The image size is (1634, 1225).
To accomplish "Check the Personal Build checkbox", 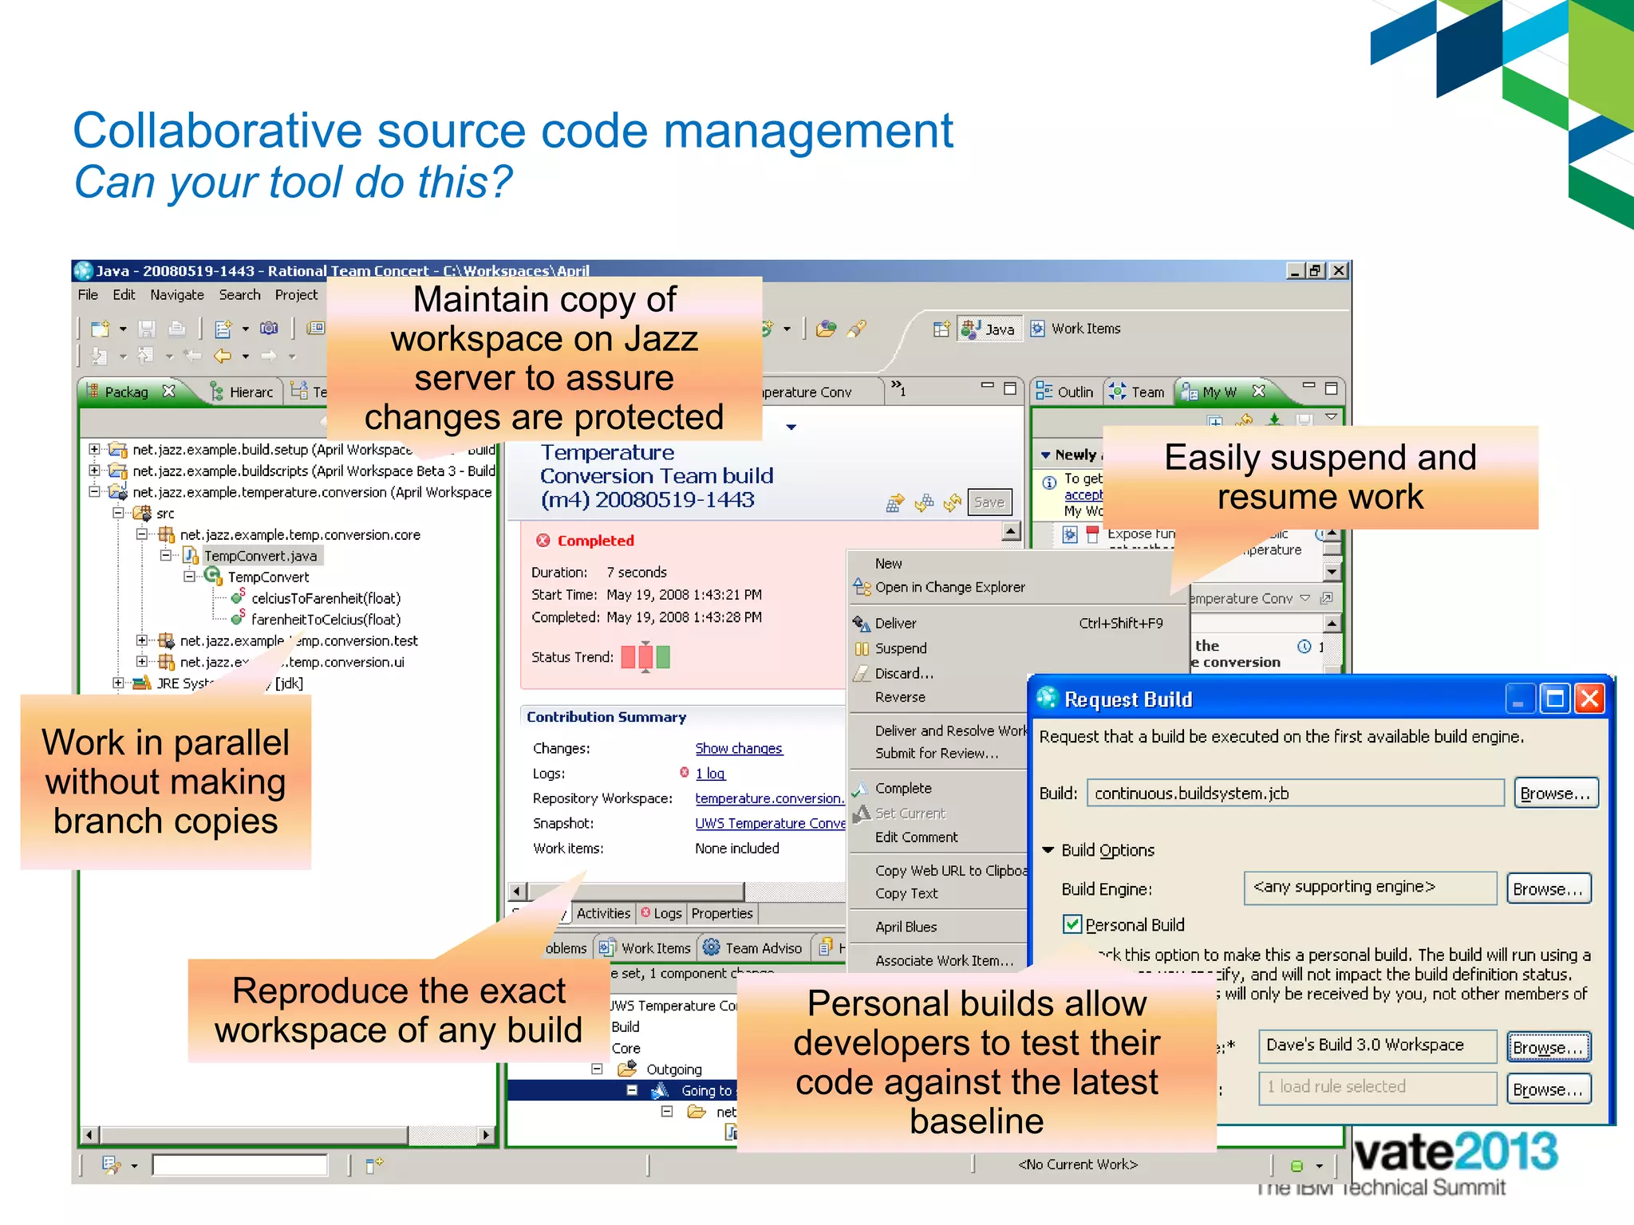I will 1072,924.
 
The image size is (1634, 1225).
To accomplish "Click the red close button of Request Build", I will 1589,699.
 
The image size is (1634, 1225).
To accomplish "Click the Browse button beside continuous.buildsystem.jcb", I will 1555,794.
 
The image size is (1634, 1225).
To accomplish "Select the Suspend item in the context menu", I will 900,648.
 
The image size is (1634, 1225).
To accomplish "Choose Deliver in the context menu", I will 895,623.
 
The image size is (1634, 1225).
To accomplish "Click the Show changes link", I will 738,748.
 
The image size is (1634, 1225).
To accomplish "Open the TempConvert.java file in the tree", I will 259,556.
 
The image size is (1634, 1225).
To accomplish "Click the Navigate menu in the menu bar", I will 176,295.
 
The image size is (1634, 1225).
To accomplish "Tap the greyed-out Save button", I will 989,502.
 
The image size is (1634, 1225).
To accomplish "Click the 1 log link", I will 709,774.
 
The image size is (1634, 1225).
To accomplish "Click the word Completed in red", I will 595,541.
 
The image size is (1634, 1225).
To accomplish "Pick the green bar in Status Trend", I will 663,657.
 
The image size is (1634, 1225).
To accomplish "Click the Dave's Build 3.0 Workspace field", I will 1376,1046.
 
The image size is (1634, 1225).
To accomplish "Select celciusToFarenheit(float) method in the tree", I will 325,598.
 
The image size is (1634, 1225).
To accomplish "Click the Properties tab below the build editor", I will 721,913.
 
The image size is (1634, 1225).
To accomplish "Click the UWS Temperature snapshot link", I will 769,823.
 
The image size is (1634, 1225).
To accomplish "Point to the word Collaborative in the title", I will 217,131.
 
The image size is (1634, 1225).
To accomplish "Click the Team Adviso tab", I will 762,948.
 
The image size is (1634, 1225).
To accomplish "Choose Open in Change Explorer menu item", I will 949,587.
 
